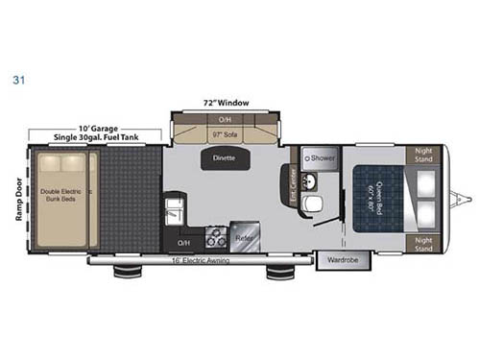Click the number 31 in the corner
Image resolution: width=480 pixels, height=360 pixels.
[x=16, y=81]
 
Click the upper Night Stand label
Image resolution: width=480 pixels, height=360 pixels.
[x=423, y=155]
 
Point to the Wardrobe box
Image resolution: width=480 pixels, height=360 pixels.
[x=340, y=259]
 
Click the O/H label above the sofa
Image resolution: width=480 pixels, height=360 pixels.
[x=225, y=120]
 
